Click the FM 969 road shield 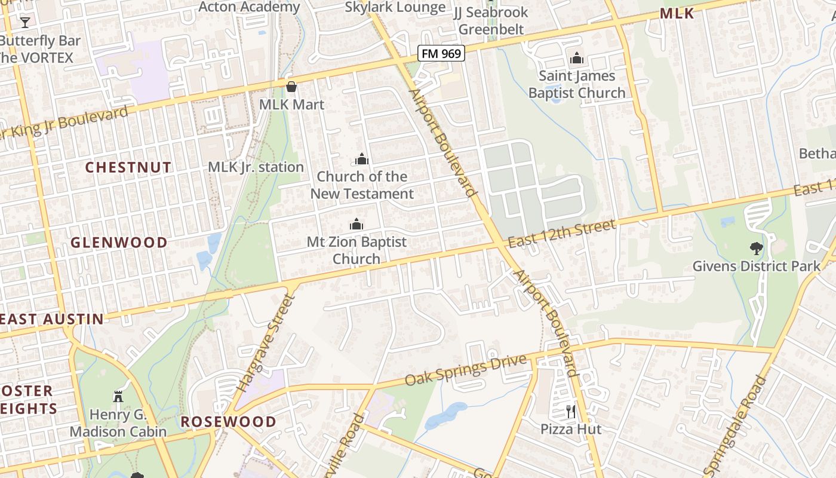coord(441,53)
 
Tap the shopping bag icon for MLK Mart coord(291,87)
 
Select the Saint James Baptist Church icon coord(577,58)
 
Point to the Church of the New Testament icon coord(362,159)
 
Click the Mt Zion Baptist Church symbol coord(356,224)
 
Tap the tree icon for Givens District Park coord(756,248)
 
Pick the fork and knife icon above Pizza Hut coord(571,411)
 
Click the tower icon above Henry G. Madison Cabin coord(118,396)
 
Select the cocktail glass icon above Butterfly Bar coord(24,23)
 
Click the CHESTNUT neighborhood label coord(128,167)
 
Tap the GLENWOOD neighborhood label coord(119,243)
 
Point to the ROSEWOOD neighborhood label coord(229,422)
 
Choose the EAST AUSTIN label coord(53,319)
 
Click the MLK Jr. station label coord(256,167)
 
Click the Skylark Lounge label coord(395,7)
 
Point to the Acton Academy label coord(249,7)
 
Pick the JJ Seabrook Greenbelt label coord(491,20)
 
